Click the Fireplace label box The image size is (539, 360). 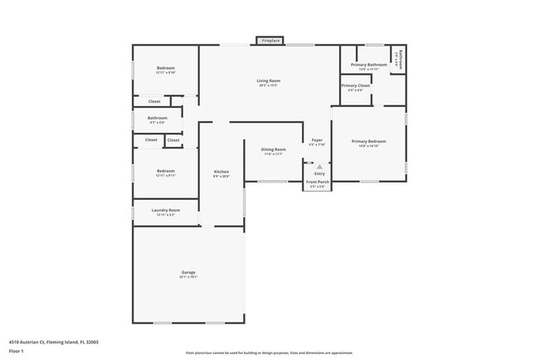[270, 40]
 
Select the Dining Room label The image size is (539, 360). [274, 151]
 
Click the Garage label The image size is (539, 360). [189, 274]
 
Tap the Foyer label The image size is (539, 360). [317, 142]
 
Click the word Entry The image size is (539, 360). [319, 173]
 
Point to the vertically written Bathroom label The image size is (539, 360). [400, 60]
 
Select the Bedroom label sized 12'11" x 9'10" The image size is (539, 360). [165, 70]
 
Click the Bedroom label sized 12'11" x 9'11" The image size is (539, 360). [165, 173]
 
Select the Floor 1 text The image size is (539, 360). [17, 350]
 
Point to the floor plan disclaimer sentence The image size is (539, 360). [269, 353]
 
